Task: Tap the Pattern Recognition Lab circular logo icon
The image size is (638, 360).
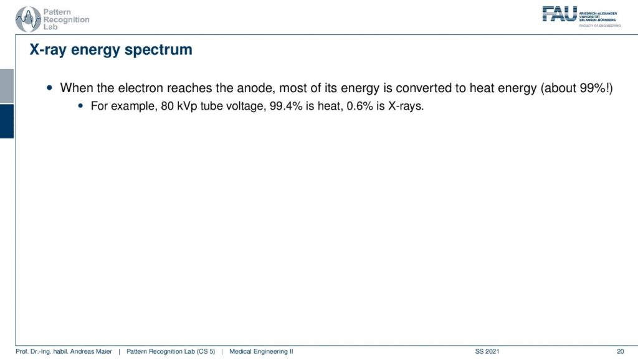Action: pos(28,19)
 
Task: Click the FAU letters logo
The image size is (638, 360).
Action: pos(559,14)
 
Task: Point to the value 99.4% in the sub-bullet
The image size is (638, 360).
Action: pos(286,106)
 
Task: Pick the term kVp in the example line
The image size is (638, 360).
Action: pos(187,107)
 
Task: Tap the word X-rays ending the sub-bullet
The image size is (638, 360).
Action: pos(406,107)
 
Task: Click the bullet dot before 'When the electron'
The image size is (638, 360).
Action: pos(50,87)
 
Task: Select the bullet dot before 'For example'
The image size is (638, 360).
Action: pos(80,106)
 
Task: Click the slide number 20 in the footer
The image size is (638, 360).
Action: pos(620,351)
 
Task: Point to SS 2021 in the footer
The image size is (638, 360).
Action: pos(487,351)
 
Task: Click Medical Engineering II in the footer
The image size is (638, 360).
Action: pos(261,351)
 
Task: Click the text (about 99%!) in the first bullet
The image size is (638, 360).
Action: pos(576,88)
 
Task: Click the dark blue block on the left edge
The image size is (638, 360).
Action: pos(7,121)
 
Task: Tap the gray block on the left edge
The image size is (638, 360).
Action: pos(7,86)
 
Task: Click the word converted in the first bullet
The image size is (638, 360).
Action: pos(421,88)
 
